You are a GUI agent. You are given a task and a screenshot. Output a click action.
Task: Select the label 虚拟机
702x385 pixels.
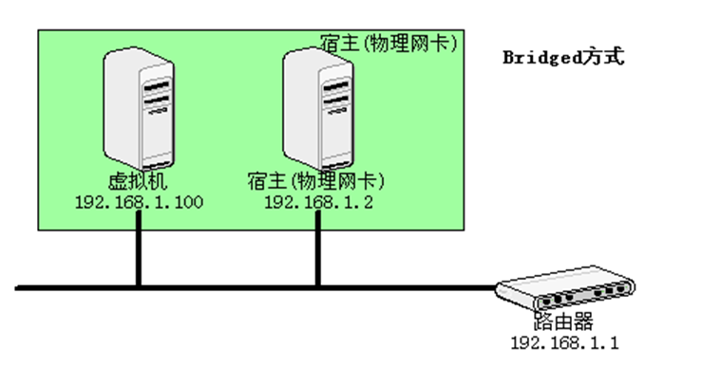[139, 181]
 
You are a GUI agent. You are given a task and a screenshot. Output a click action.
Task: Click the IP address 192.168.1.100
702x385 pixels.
[139, 203]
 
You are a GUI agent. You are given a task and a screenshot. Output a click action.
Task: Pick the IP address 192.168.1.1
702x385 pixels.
[564, 342]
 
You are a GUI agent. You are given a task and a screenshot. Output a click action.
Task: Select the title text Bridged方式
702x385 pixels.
[563, 57]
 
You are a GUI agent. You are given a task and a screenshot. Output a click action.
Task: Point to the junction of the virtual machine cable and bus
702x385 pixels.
[139, 285]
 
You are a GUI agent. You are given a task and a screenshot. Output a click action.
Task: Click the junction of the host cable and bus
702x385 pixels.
[318, 285]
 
